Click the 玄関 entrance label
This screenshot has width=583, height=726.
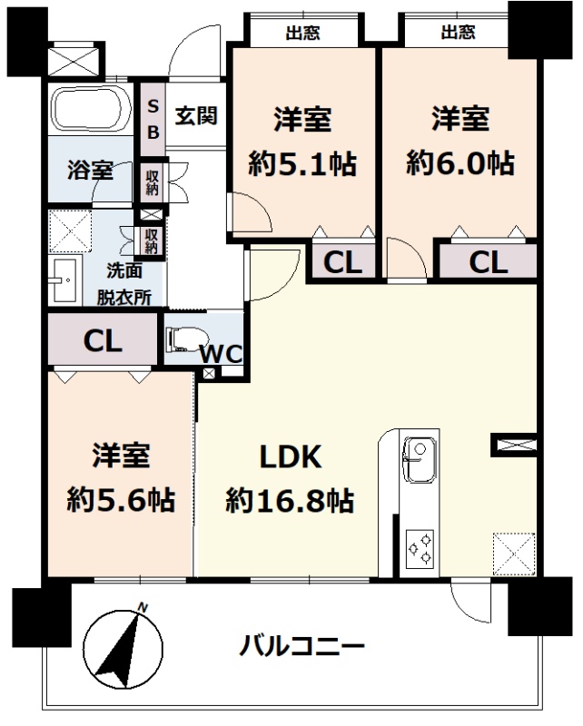196,115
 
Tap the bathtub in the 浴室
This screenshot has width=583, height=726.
91,110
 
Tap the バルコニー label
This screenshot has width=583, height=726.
301,646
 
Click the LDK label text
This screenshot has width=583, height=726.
291,457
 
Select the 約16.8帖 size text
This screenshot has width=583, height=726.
290,501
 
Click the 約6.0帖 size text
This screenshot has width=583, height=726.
460,163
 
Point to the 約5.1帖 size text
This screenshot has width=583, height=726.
302,163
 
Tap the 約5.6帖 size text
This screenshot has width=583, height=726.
121,500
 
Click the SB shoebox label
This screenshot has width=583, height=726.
153,120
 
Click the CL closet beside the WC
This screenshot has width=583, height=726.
103,341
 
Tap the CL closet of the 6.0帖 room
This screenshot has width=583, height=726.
488,262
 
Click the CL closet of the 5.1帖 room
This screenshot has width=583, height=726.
343,262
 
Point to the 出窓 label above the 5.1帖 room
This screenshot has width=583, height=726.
302,33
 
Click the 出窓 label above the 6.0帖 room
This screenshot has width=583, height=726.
458,32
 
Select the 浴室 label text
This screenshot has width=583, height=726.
91,170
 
